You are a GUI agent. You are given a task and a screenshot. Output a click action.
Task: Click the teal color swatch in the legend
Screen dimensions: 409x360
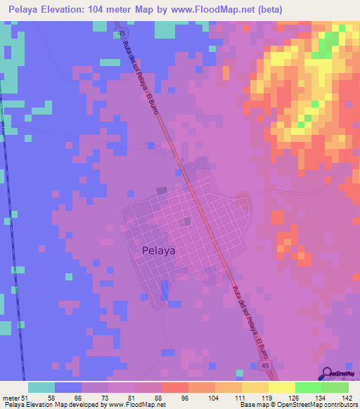[41, 387]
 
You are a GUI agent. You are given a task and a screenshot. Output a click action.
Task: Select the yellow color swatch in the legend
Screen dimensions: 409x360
[281, 387]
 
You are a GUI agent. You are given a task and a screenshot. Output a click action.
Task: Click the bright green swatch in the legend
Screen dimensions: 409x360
[308, 387]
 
